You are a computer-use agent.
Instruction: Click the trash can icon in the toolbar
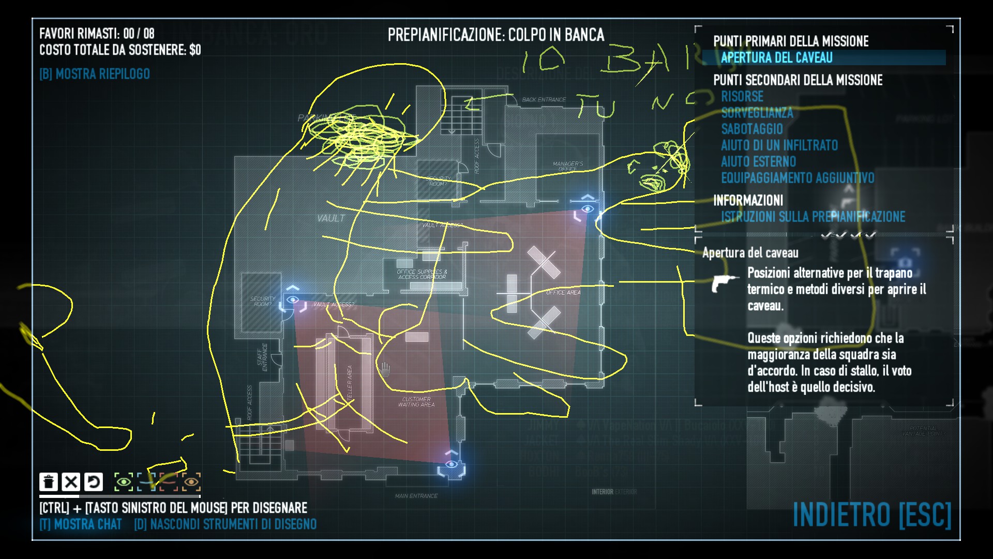(49, 482)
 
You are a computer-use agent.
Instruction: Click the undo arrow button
(94, 482)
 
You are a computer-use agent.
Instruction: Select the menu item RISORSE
(742, 96)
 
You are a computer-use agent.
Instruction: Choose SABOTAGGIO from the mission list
(752, 129)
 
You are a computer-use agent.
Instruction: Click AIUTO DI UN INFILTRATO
(779, 145)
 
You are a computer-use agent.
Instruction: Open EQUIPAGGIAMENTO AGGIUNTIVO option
(798, 178)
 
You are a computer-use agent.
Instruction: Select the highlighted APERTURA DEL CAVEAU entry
(776, 57)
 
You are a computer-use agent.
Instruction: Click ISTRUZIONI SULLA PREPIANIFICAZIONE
(813, 216)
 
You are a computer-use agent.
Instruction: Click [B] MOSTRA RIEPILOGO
(95, 74)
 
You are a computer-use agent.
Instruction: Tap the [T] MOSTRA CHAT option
(81, 524)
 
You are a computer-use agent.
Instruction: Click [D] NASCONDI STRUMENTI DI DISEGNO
(225, 524)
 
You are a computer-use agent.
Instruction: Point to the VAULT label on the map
(330, 218)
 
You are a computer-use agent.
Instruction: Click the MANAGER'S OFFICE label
(567, 166)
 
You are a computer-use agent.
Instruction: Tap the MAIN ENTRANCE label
(416, 496)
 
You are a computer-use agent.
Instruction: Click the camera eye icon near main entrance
(452, 464)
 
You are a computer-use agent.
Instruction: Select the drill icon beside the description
(724, 283)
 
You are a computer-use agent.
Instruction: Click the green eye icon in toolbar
(124, 482)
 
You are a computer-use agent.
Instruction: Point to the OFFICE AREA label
(563, 292)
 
